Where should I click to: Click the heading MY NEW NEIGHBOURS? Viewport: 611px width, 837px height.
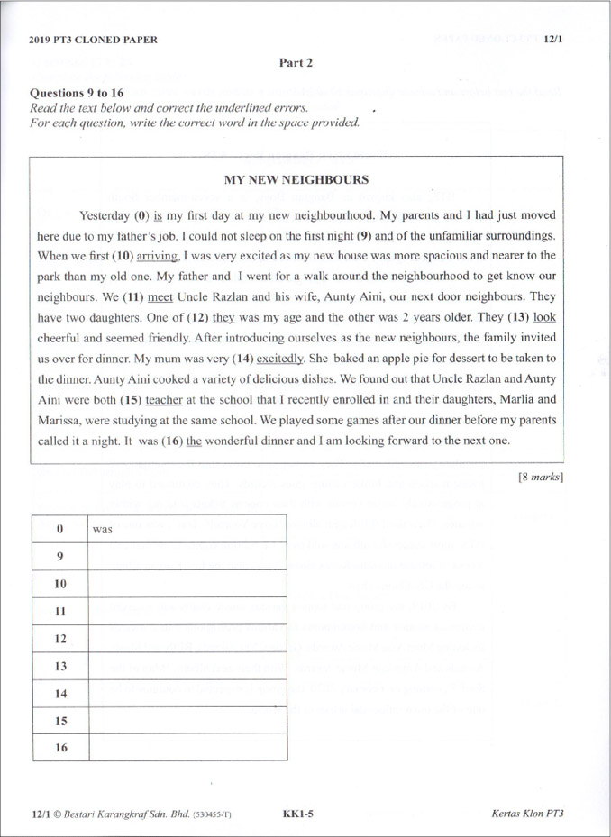[296, 179]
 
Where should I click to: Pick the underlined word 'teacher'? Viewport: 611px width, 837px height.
[164, 398]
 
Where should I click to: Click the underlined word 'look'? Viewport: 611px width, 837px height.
[544, 316]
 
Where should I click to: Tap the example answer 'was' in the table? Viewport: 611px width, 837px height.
[102, 530]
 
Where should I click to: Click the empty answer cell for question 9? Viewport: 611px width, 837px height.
[187, 557]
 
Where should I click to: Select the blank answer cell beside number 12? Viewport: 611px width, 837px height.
[187, 638]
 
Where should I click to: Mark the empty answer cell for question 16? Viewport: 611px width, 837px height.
[187, 747]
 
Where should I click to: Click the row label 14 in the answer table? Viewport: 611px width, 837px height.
[60, 693]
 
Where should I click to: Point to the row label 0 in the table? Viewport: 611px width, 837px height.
[60, 530]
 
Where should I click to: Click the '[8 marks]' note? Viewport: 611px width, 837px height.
[541, 477]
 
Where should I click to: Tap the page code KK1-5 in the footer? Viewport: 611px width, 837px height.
[297, 814]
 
